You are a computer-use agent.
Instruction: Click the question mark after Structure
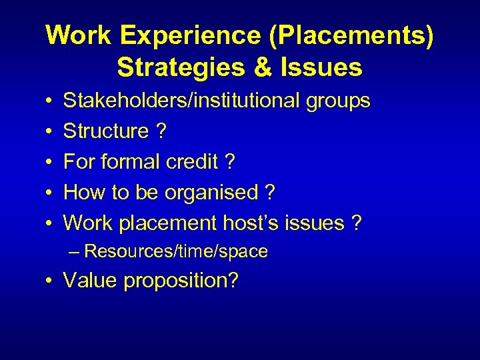click(161, 131)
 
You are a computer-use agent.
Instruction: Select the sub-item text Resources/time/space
click(176, 251)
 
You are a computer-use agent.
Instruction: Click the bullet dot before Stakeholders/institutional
click(51, 101)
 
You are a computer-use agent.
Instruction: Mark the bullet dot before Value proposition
click(51, 281)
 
